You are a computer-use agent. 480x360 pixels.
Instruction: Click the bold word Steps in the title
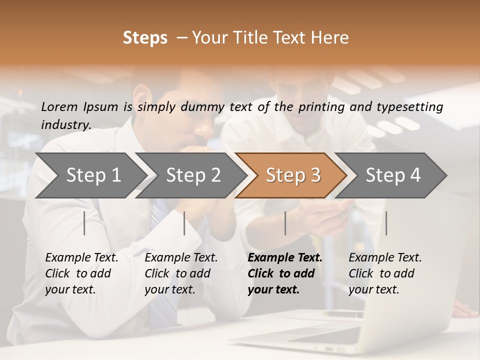click(145, 38)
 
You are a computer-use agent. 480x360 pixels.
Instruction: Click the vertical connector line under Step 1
click(84, 223)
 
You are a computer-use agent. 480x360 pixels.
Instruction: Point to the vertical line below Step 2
click(184, 223)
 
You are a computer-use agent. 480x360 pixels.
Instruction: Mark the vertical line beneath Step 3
click(285, 223)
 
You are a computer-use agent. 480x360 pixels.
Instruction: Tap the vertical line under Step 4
click(386, 223)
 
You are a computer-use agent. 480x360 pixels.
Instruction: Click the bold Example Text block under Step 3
click(285, 273)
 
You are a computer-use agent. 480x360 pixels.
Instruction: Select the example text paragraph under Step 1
click(81, 273)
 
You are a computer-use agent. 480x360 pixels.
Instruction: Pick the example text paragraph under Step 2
click(181, 273)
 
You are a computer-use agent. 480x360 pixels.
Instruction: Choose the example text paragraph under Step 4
click(385, 273)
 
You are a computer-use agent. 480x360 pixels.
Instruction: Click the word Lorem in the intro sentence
click(59, 106)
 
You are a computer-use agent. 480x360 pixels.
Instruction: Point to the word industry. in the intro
click(66, 125)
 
